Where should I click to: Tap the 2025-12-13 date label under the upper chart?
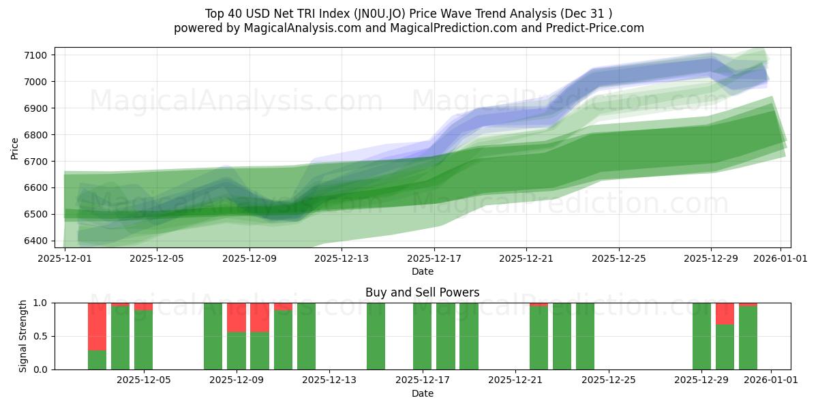point(341,258)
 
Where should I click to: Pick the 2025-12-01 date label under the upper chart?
point(65,258)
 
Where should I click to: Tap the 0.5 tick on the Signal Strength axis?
point(40,336)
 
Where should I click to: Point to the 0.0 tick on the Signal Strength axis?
point(40,369)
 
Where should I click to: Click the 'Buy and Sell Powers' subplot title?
point(422,292)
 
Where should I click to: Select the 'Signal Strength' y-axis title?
point(23,335)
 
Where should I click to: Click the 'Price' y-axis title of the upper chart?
point(15,148)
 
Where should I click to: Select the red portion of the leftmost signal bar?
point(97,326)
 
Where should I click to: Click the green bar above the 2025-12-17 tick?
point(423,336)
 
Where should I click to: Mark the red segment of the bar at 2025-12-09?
point(236,317)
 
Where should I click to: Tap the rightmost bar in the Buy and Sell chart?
point(748,337)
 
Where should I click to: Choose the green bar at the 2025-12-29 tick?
point(701,336)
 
